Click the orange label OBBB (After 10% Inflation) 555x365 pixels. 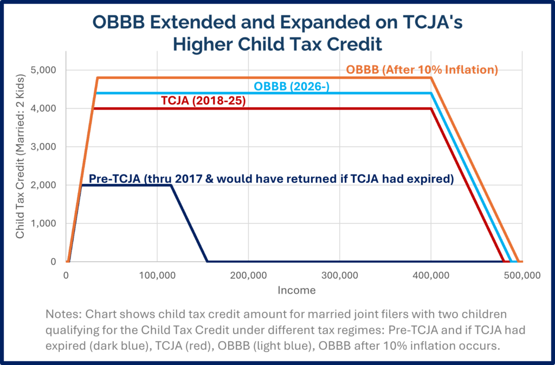(422, 70)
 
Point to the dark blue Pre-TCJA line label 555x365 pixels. (270, 179)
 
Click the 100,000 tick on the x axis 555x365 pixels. (157, 275)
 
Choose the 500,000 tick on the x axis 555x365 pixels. (521, 275)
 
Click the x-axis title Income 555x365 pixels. (296, 290)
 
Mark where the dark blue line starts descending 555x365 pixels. (171, 185)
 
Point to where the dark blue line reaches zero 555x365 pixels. (208, 261)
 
